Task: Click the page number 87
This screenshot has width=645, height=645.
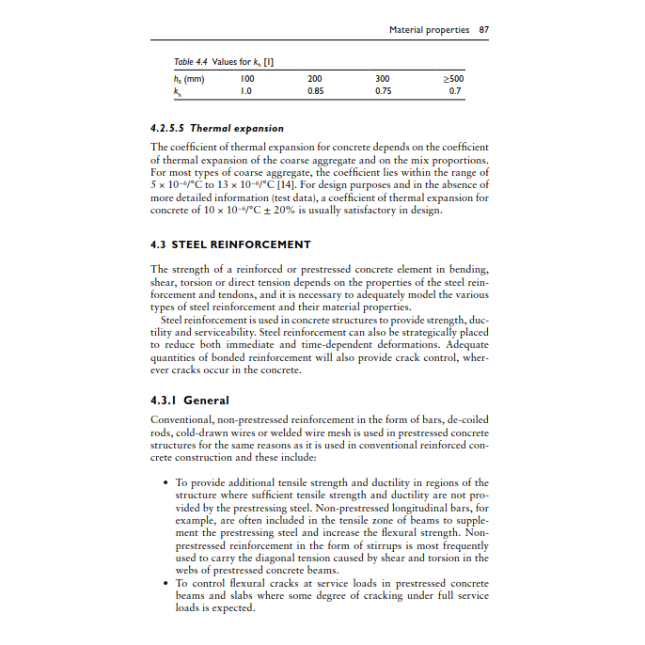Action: (483, 30)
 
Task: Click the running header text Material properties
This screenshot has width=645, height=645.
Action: (429, 30)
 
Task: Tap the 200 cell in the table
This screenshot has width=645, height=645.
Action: (315, 79)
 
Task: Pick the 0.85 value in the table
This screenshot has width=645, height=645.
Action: (315, 92)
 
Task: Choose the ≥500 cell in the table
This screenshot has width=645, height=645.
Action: (454, 79)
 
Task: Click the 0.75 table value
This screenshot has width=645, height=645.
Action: (383, 92)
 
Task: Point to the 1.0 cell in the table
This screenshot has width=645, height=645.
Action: (246, 92)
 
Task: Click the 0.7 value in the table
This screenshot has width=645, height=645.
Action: (455, 92)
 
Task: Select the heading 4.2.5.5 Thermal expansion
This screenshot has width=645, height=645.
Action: (217, 128)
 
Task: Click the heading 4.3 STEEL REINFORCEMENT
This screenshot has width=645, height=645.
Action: (230, 244)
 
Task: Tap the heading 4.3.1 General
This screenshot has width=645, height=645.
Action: (190, 400)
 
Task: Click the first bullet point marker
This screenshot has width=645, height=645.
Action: (165, 483)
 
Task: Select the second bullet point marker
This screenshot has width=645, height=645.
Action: (165, 584)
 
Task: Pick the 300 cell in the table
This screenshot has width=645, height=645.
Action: (383, 79)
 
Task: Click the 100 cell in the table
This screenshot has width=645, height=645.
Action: (246, 79)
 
